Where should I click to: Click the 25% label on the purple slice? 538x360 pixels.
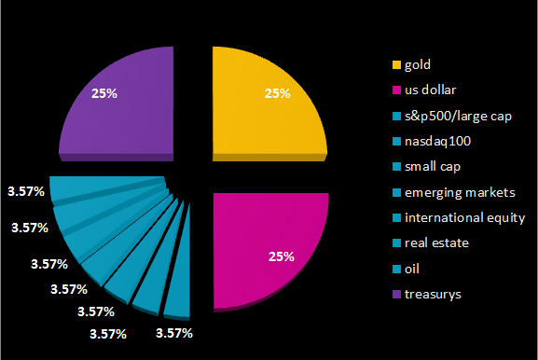[x=104, y=92]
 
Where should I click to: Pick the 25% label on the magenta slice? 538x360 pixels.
[x=281, y=256]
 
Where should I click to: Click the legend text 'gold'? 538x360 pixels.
[x=418, y=65]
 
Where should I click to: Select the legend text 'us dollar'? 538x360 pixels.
[x=430, y=90]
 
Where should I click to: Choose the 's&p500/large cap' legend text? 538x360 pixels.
[x=453, y=117]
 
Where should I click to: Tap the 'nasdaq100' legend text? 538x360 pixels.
[x=435, y=142]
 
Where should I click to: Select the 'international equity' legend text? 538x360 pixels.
[x=464, y=217]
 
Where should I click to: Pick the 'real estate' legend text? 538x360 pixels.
[x=435, y=243]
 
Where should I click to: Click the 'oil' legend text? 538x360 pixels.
[x=410, y=269]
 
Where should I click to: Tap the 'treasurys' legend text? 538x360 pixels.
[x=432, y=294]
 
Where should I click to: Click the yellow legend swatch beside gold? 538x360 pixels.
[x=396, y=65]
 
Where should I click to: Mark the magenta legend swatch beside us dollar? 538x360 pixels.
[x=396, y=90]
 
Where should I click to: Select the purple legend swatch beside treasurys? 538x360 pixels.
[x=396, y=294]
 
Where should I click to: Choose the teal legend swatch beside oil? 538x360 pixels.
[x=396, y=269]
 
